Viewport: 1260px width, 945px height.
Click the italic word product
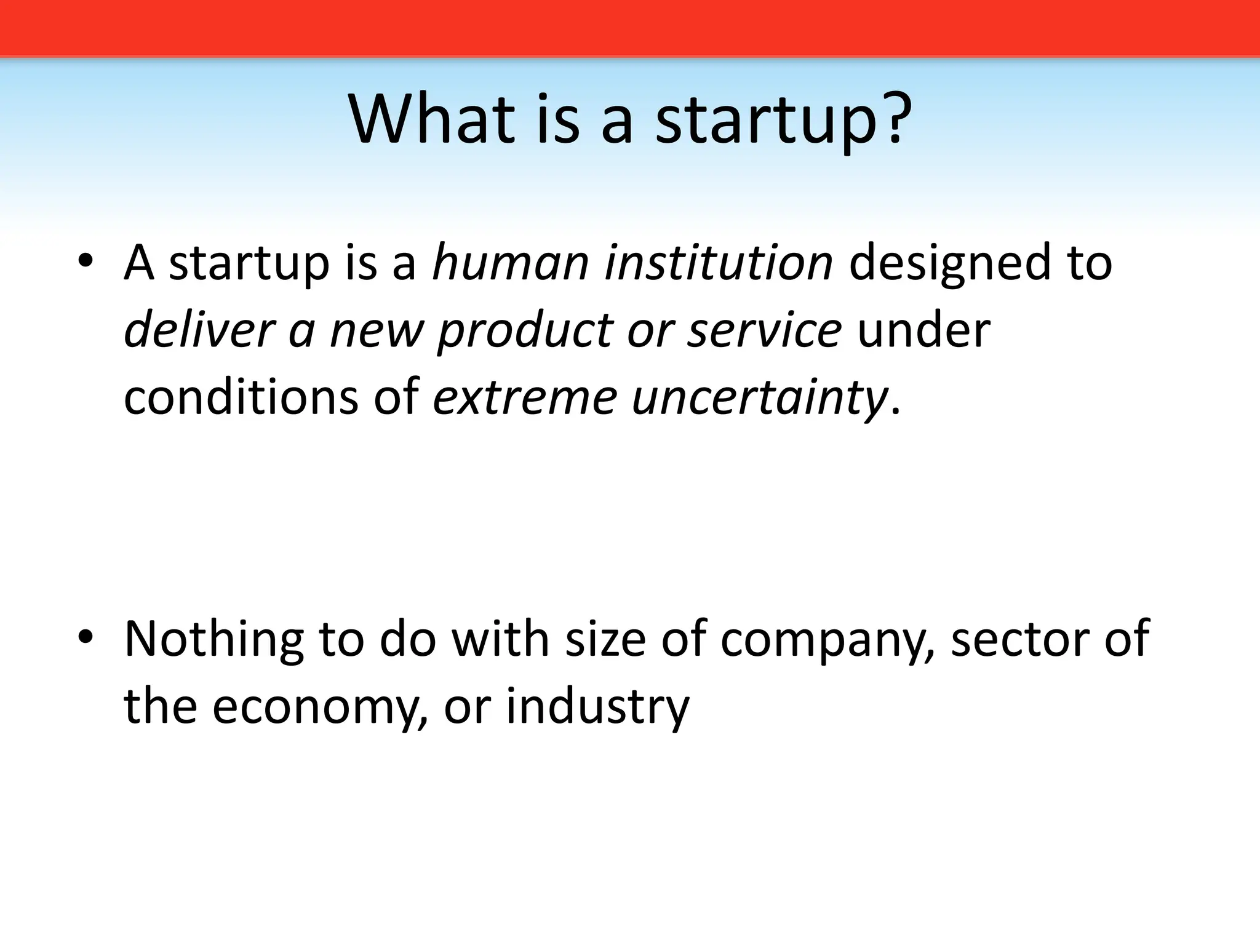(x=524, y=331)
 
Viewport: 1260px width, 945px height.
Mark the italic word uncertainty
(x=759, y=398)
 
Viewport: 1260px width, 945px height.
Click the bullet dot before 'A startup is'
(x=86, y=263)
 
